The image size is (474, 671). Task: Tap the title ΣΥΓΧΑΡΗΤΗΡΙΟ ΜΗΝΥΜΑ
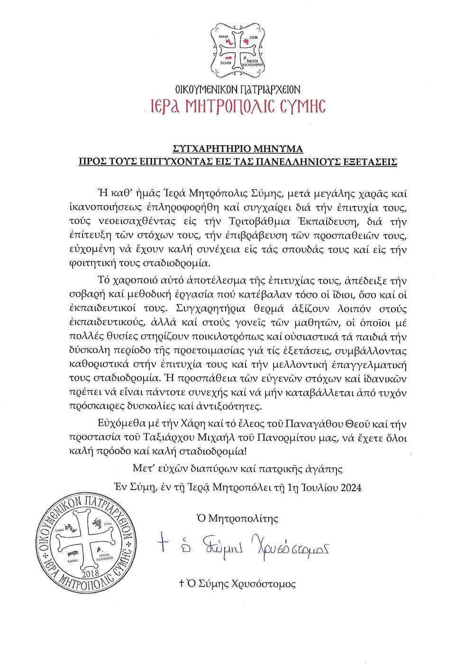coord(237,149)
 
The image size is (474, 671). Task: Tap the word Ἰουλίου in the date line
coord(320,488)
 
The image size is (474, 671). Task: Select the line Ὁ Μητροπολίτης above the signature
coord(237,518)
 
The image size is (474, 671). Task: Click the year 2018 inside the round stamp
coord(91,574)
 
